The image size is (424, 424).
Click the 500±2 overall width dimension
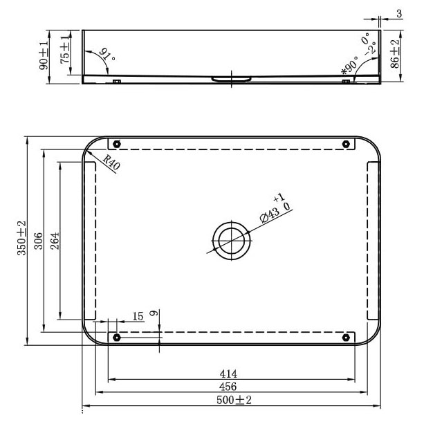point(234,400)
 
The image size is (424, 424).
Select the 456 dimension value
point(228,387)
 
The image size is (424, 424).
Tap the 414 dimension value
point(228,374)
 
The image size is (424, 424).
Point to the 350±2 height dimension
point(21,238)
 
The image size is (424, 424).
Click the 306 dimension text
point(39,241)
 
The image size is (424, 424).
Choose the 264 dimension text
point(55,241)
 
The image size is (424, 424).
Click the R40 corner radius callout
point(111,163)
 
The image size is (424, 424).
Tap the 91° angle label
point(107,55)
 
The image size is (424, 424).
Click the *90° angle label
point(349,66)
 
